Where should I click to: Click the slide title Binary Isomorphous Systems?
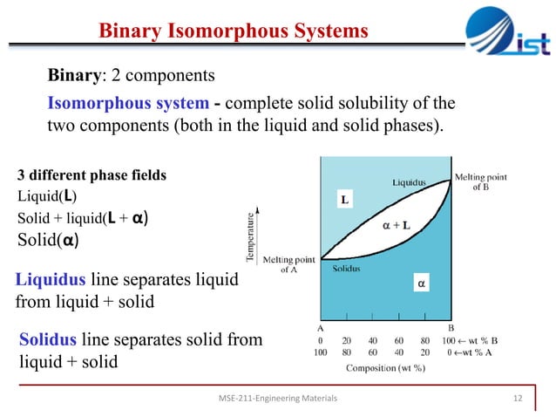click(233, 32)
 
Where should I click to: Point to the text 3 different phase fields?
click(92, 175)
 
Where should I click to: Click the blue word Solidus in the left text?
click(51, 339)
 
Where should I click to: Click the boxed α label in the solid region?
click(422, 283)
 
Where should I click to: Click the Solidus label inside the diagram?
click(347, 269)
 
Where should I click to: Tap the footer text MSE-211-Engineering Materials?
click(278, 398)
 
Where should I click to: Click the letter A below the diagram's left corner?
click(322, 328)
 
